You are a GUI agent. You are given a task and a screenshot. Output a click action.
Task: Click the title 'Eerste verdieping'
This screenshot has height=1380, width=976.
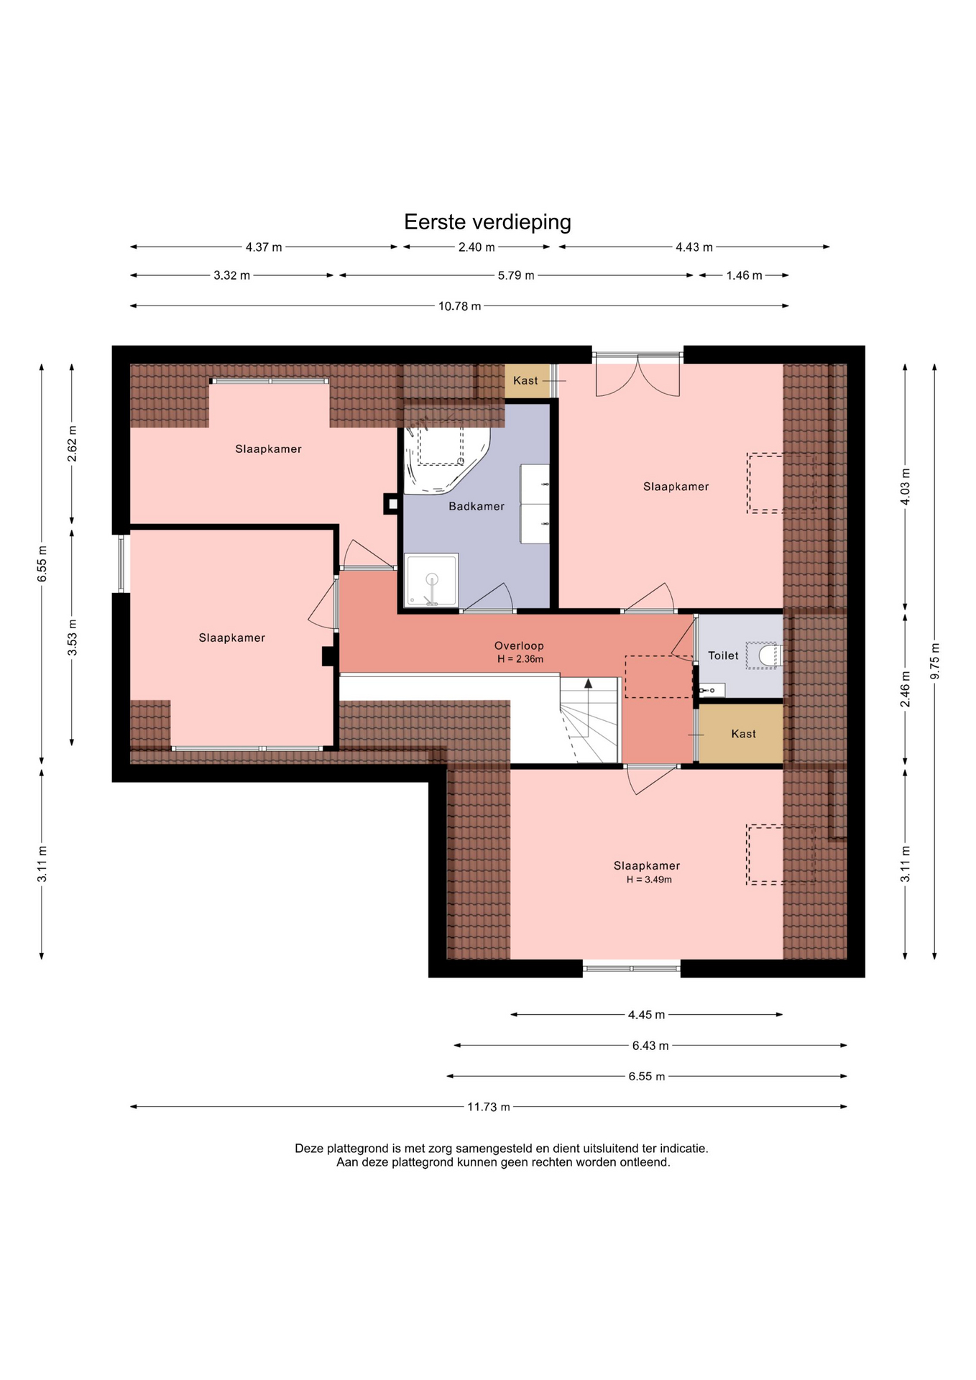click(487, 222)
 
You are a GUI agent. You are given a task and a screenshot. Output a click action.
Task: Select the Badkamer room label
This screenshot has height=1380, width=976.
click(477, 507)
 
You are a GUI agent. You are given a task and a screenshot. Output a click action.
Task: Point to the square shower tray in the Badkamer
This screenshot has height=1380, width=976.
click(431, 580)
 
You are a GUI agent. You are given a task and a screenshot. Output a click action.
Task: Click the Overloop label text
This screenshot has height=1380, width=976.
click(519, 646)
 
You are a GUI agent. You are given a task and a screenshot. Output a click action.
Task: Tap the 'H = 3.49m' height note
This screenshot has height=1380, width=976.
click(649, 880)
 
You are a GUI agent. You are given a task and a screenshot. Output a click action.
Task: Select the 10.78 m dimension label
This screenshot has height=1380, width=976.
click(460, 306)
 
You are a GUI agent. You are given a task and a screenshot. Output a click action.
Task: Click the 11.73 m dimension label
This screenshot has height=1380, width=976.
click(489, 1107)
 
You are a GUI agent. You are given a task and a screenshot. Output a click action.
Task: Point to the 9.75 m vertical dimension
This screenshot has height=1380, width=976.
click(934, 661)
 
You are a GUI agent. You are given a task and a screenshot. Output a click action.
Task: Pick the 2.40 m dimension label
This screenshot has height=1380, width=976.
click(477, 247)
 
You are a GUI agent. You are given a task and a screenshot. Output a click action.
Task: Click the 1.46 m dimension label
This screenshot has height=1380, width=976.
click(744, 275)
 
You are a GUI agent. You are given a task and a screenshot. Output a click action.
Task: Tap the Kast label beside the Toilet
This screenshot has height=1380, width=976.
click(744, 734)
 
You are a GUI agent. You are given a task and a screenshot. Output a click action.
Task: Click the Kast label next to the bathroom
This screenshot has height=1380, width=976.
click(525, 381)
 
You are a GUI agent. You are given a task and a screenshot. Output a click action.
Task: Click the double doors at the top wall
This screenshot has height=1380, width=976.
click(637, 375)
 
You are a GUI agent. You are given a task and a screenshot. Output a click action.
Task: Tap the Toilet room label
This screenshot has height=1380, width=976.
click(723, 655)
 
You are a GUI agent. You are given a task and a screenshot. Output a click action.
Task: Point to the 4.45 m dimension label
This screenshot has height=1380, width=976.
click(647, 1015)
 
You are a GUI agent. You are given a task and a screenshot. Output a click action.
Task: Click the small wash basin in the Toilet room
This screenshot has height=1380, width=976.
click(712, 691)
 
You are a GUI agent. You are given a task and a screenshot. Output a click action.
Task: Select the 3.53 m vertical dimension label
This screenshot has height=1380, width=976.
click(72, 638)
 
